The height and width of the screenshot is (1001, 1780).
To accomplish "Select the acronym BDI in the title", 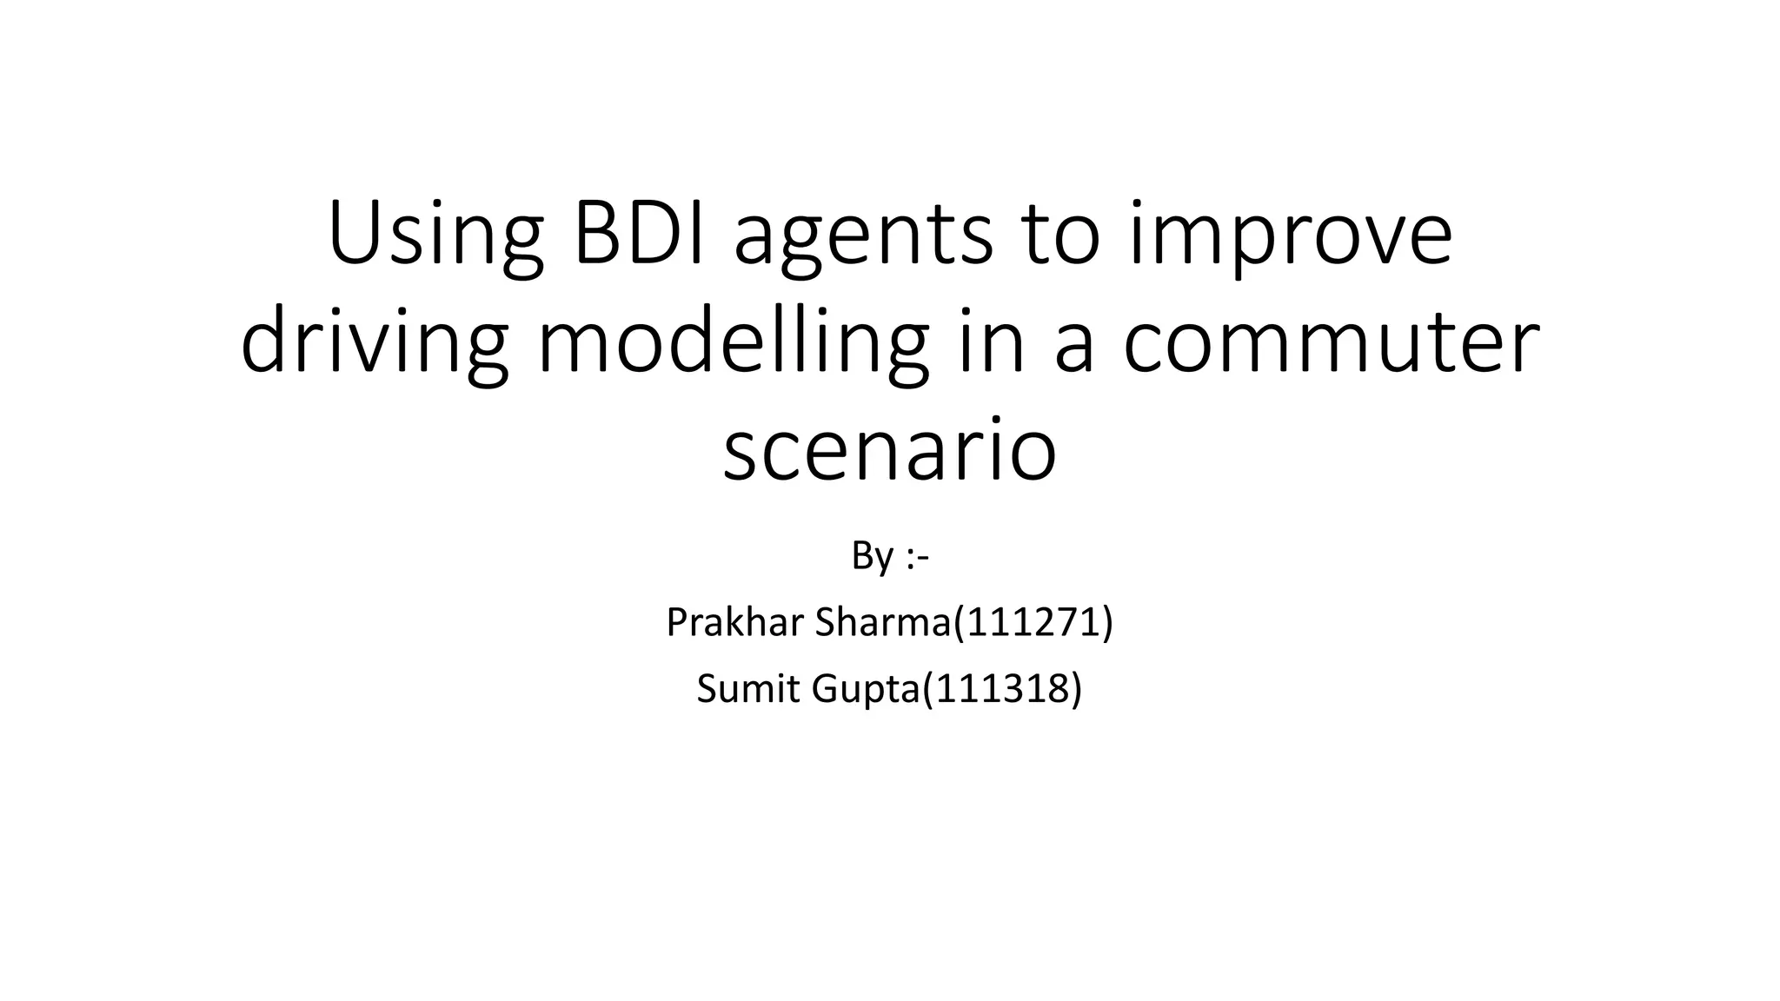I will tap(641, 235).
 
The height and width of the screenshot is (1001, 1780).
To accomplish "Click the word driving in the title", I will tap(374, 346).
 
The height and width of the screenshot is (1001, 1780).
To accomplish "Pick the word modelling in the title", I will tap(733, 346).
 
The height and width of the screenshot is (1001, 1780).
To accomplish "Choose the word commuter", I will tap(1331, 346).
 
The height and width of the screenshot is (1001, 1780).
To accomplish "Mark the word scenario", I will tap(889, 452).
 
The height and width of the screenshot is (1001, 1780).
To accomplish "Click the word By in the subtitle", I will tap(872, 556).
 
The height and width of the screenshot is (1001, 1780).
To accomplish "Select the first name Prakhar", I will tap(735, 622).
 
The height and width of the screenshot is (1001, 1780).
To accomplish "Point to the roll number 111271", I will tap(1033, 622).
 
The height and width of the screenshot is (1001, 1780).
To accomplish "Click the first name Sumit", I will tap(749, 689).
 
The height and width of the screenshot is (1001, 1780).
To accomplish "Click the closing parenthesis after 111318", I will tap(1077, 689).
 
